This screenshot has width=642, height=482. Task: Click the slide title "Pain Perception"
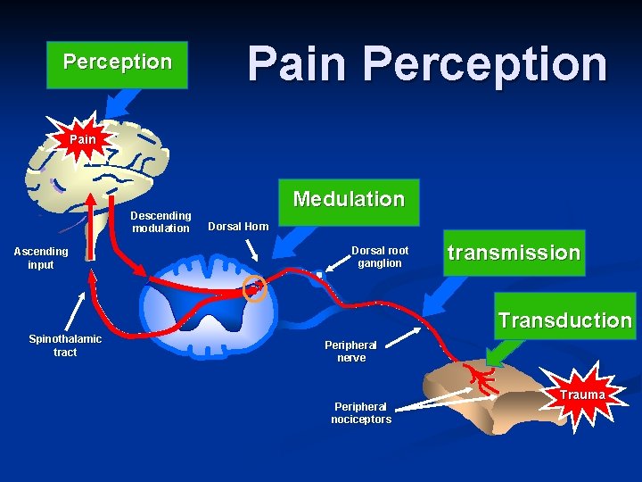427,63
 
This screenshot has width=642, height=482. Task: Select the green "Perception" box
117,63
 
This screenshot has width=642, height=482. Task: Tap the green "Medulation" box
349,199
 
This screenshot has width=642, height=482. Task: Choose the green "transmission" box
514,253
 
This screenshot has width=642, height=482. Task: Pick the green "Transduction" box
564,320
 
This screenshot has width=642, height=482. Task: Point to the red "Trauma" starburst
583,395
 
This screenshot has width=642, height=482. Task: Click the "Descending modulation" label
160,221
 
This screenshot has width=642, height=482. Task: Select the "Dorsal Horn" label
238,227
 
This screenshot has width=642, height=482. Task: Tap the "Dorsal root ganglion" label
380,257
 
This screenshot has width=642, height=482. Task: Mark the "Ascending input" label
40,258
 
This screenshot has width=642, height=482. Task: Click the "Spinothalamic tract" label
65,345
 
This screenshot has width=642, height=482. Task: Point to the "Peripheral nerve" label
350,351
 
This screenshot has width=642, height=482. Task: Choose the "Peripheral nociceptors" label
361,412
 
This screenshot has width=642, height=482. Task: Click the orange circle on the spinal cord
255,288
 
